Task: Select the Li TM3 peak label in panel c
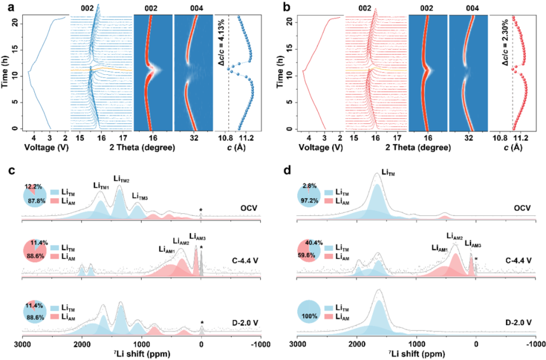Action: coord(140,196)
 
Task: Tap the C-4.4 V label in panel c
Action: coord(245,260)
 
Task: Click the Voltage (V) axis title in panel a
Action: coord(46,148)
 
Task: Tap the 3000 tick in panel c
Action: coord(22,345)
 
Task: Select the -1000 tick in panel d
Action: coord(535,345)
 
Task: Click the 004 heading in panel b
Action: coord(472,9)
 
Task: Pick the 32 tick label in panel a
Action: coord(194,138)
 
